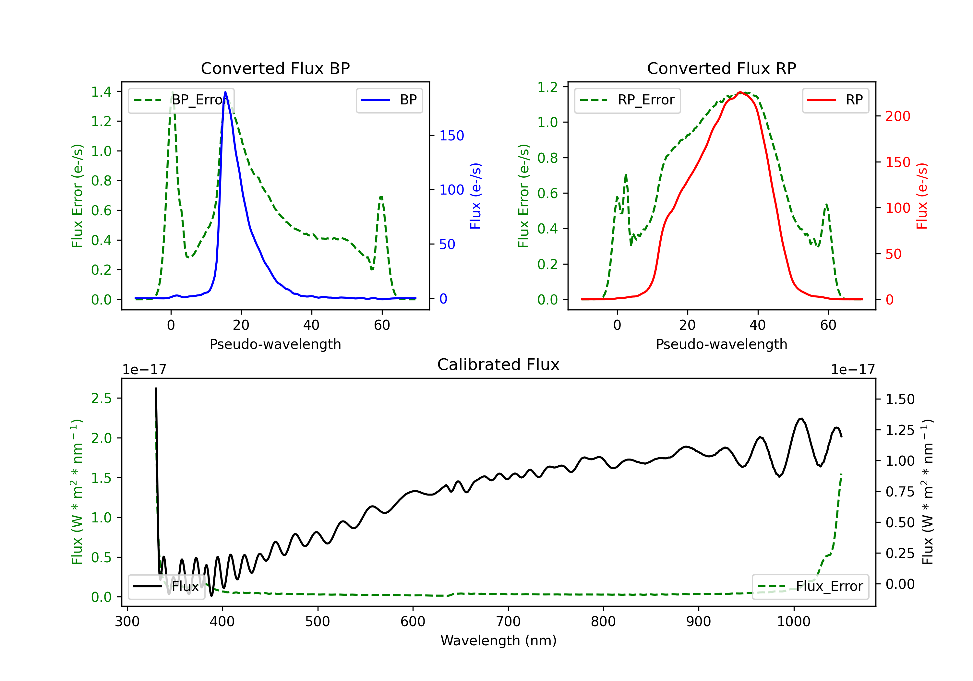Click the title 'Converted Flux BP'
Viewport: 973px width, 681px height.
click(275, 68)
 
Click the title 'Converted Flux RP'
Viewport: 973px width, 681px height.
click(721, 68)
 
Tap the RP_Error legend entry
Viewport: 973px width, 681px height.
click(627, 100)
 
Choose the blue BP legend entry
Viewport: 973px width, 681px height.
click(389, 100)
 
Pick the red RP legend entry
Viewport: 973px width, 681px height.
click(835, 100)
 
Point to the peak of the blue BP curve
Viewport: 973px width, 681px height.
click(225, 92)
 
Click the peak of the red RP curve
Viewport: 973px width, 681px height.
click(740, 92)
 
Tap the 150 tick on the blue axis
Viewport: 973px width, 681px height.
click(451, 136)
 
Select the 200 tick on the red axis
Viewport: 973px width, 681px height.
click(897, 116)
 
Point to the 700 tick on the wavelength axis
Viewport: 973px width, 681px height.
click(508, 621)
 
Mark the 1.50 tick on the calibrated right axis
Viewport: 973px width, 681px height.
click(900, 399)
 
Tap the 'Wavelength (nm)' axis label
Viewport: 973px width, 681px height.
click(499, 640)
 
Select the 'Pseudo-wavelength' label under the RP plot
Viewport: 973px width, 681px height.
click(721, 344)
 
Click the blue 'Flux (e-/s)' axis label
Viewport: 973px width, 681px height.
click(475, 196)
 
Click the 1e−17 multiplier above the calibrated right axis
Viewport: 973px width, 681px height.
click(853, 370)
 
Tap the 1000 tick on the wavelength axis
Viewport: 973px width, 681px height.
click(793, 621)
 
